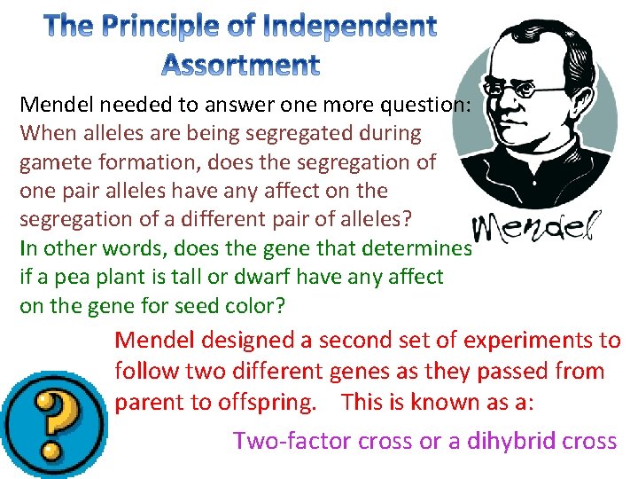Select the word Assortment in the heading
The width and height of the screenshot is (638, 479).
coord(241,64)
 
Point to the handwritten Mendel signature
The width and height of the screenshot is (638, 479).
coord(537,230)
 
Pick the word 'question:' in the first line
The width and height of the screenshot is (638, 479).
coord(425,105)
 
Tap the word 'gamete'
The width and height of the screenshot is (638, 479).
coord(57,161)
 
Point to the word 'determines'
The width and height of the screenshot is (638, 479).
coord(420,248)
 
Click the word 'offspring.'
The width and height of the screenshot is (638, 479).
coord(265,402)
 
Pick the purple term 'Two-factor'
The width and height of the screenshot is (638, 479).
coord(290,440)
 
